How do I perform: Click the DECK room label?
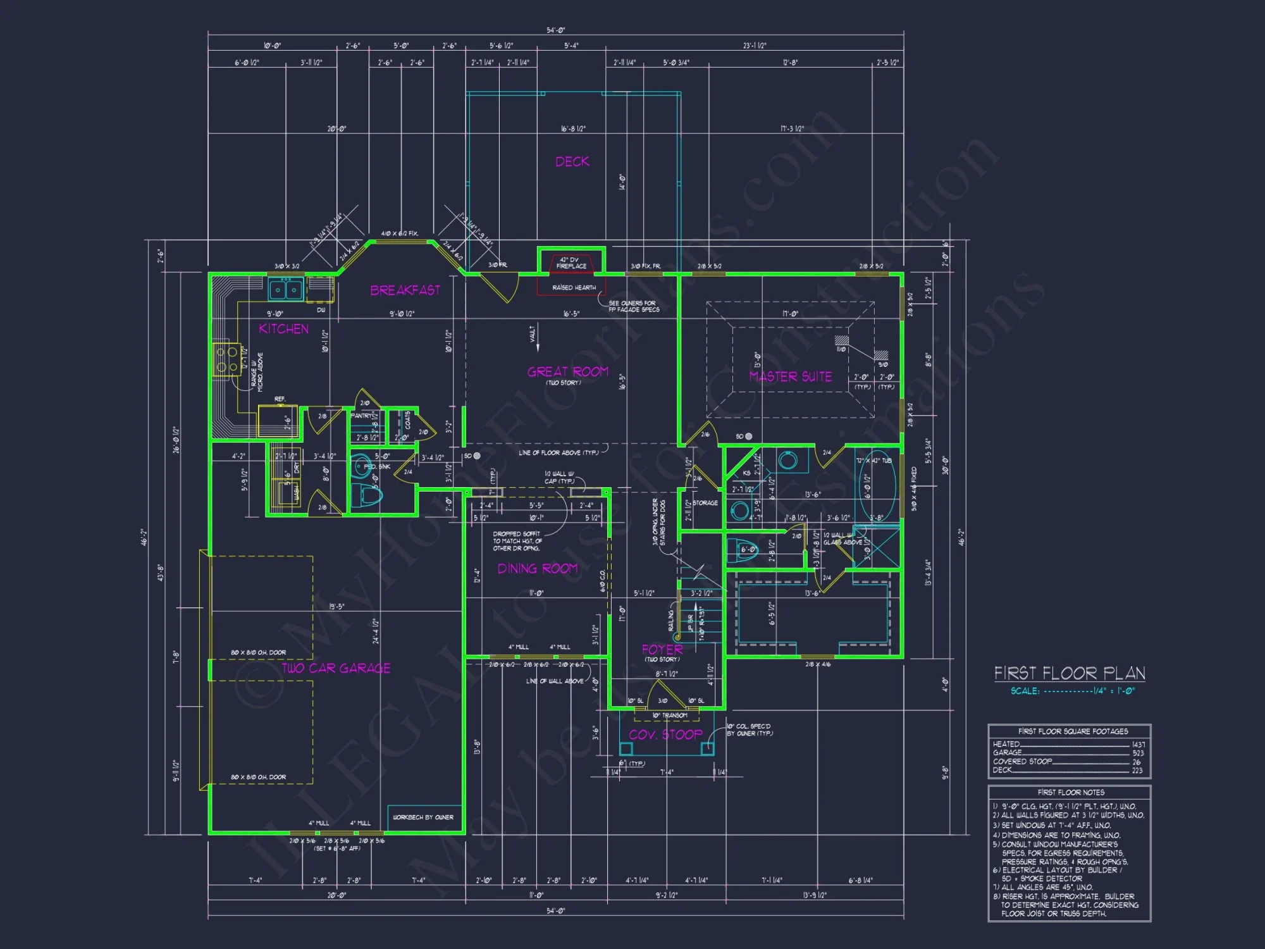pyautogui.click(x=572, y=162)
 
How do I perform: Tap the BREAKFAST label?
pyautogui.click(x=405, y=290)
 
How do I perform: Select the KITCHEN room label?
pyautogui.click(x=284, y=329)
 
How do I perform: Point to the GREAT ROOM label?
pyautogui.click(x=568, y=372)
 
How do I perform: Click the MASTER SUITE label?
pyautogui.click(x=791, y=377)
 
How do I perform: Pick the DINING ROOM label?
pyautogui.click(x=538, y=569)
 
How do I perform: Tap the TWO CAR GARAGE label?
pyautogui.click(x=336, y=668)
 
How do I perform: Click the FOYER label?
pyautogui.click(x=662, y=650)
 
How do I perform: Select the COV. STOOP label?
pyautogui.click(x=665, y=735)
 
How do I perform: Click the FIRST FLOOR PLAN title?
pyautogui.click(x=1070, y=673)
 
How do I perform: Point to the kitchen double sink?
pyautogui.click(x=286, y=290)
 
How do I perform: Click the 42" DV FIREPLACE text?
pyautogui.click(x=571, y=263)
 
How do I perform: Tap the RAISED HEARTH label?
pyautogui.click(x=574, y=288)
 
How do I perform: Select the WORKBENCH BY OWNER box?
pyautogui.click(x=423, y=817)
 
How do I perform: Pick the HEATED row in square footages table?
pyautogui.click(x=1069, y=745)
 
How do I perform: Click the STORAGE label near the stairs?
pyautogui.click(x=705, y=504)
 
